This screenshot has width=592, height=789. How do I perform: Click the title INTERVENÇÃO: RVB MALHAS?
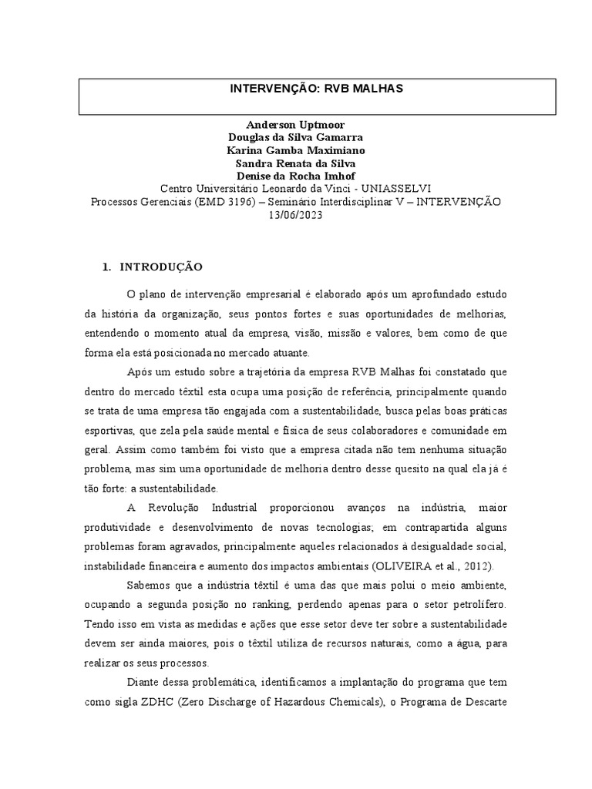point(316,89)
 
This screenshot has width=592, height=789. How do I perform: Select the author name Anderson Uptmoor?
point(295,125)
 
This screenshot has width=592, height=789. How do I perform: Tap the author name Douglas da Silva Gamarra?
point(295,138)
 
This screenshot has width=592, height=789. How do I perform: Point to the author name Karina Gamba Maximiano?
point(295,150)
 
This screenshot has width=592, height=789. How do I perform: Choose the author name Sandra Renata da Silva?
point(295,163)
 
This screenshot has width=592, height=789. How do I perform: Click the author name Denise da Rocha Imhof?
point(295,176)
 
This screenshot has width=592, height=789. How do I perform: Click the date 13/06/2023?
point(295,215)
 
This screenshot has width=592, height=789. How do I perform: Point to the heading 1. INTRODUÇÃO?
point(153,267)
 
